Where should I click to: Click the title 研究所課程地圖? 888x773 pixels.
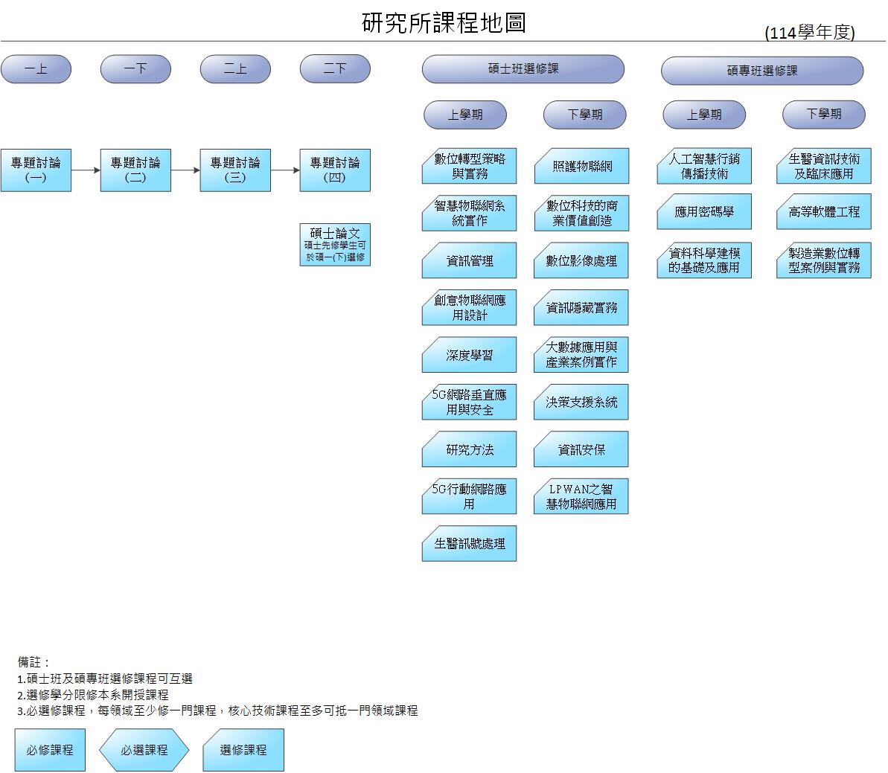[x=444, y=23]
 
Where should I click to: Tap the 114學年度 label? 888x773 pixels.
[x=810, y=33]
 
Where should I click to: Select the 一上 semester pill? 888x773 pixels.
[x=36, y=69]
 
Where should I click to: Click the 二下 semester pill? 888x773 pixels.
[x=335, y=69]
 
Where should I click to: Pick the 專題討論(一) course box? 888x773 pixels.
[x=36, y=170]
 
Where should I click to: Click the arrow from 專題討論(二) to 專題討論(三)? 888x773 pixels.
[x=185, y=170]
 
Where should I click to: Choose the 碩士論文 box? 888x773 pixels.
[x=335, y=245]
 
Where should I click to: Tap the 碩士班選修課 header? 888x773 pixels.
[x=523, y=69]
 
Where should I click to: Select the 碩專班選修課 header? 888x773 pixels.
[x=761, y=71]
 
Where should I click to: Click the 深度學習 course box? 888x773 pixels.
[x=469, y=356]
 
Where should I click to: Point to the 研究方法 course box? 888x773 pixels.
[x=469, y=450]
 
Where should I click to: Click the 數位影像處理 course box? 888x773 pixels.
[x=581, y=261]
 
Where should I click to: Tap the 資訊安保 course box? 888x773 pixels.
[x=581, y=450]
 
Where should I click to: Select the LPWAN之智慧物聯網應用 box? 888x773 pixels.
[x=581, y=497]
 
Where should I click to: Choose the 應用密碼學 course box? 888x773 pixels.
[x=703, y=213]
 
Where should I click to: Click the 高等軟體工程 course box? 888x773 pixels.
[x=823, y=213]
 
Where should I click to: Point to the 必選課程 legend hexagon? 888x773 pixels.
[x=144, y=750]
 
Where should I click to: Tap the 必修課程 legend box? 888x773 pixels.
[x=50, y=750]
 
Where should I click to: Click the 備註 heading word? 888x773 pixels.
[x=34, y=661]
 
